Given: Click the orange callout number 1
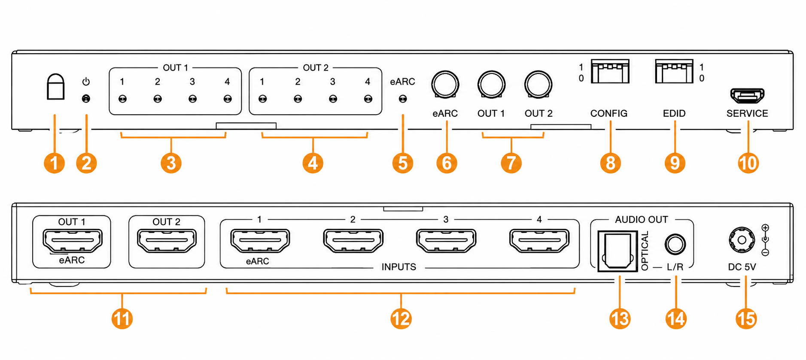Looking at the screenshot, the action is [x=55, y=163].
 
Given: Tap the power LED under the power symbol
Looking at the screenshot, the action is [x=86, y=99].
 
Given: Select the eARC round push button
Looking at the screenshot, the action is [x=445, y=84].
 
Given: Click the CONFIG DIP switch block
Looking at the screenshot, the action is [x=610, y=71].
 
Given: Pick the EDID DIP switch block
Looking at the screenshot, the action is [x=674, y=71].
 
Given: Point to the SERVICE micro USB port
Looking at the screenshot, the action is [x=747, y=95].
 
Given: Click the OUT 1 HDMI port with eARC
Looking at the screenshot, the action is [x=73, y=240].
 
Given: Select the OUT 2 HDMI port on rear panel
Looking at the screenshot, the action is [x=167, y=240].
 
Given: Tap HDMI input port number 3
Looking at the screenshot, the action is [x=446, y=240].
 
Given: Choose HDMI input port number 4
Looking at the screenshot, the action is [x=539, y=240].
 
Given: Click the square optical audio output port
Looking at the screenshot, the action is [x=617, y=251].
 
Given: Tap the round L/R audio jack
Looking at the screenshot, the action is [x=675, y=244].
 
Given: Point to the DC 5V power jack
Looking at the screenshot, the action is [x=742, y=240].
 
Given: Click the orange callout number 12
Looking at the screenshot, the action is [x=401, y=319].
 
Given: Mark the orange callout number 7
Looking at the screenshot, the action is [x=511, y=163].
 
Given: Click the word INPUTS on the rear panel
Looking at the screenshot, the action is [x=399, y=267].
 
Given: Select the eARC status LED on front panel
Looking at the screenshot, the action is [x=403, y=99].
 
